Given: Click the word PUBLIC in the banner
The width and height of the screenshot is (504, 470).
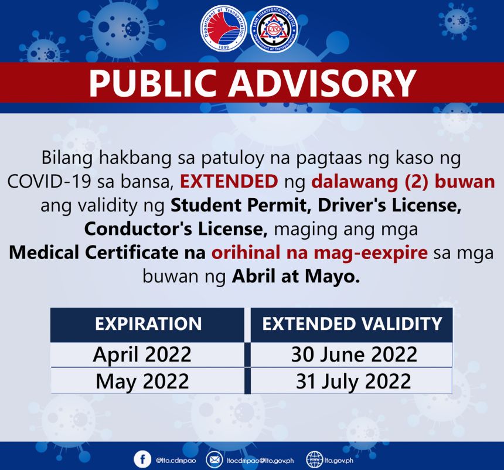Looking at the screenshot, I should tap(154, 83).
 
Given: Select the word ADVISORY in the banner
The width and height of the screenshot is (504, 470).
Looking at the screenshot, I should tap(322, 83).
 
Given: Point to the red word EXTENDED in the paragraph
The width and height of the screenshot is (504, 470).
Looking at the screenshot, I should tap(229, 181).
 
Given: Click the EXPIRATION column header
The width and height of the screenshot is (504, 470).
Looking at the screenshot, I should tap(148, 324).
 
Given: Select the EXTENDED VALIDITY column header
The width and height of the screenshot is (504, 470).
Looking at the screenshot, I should tap(352, 324).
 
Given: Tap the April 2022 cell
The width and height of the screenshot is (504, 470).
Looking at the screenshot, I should tap(142, 355).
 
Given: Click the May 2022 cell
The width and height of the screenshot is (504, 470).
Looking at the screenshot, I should tap(142, 382).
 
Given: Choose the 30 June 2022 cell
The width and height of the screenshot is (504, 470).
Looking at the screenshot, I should tap(353, 355).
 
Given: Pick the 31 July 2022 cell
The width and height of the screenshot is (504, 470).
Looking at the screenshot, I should tap(353, 382).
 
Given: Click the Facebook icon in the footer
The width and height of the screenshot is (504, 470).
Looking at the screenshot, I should tap(142, 459).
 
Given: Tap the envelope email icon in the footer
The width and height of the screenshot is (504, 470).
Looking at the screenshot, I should tap(214, 459).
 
